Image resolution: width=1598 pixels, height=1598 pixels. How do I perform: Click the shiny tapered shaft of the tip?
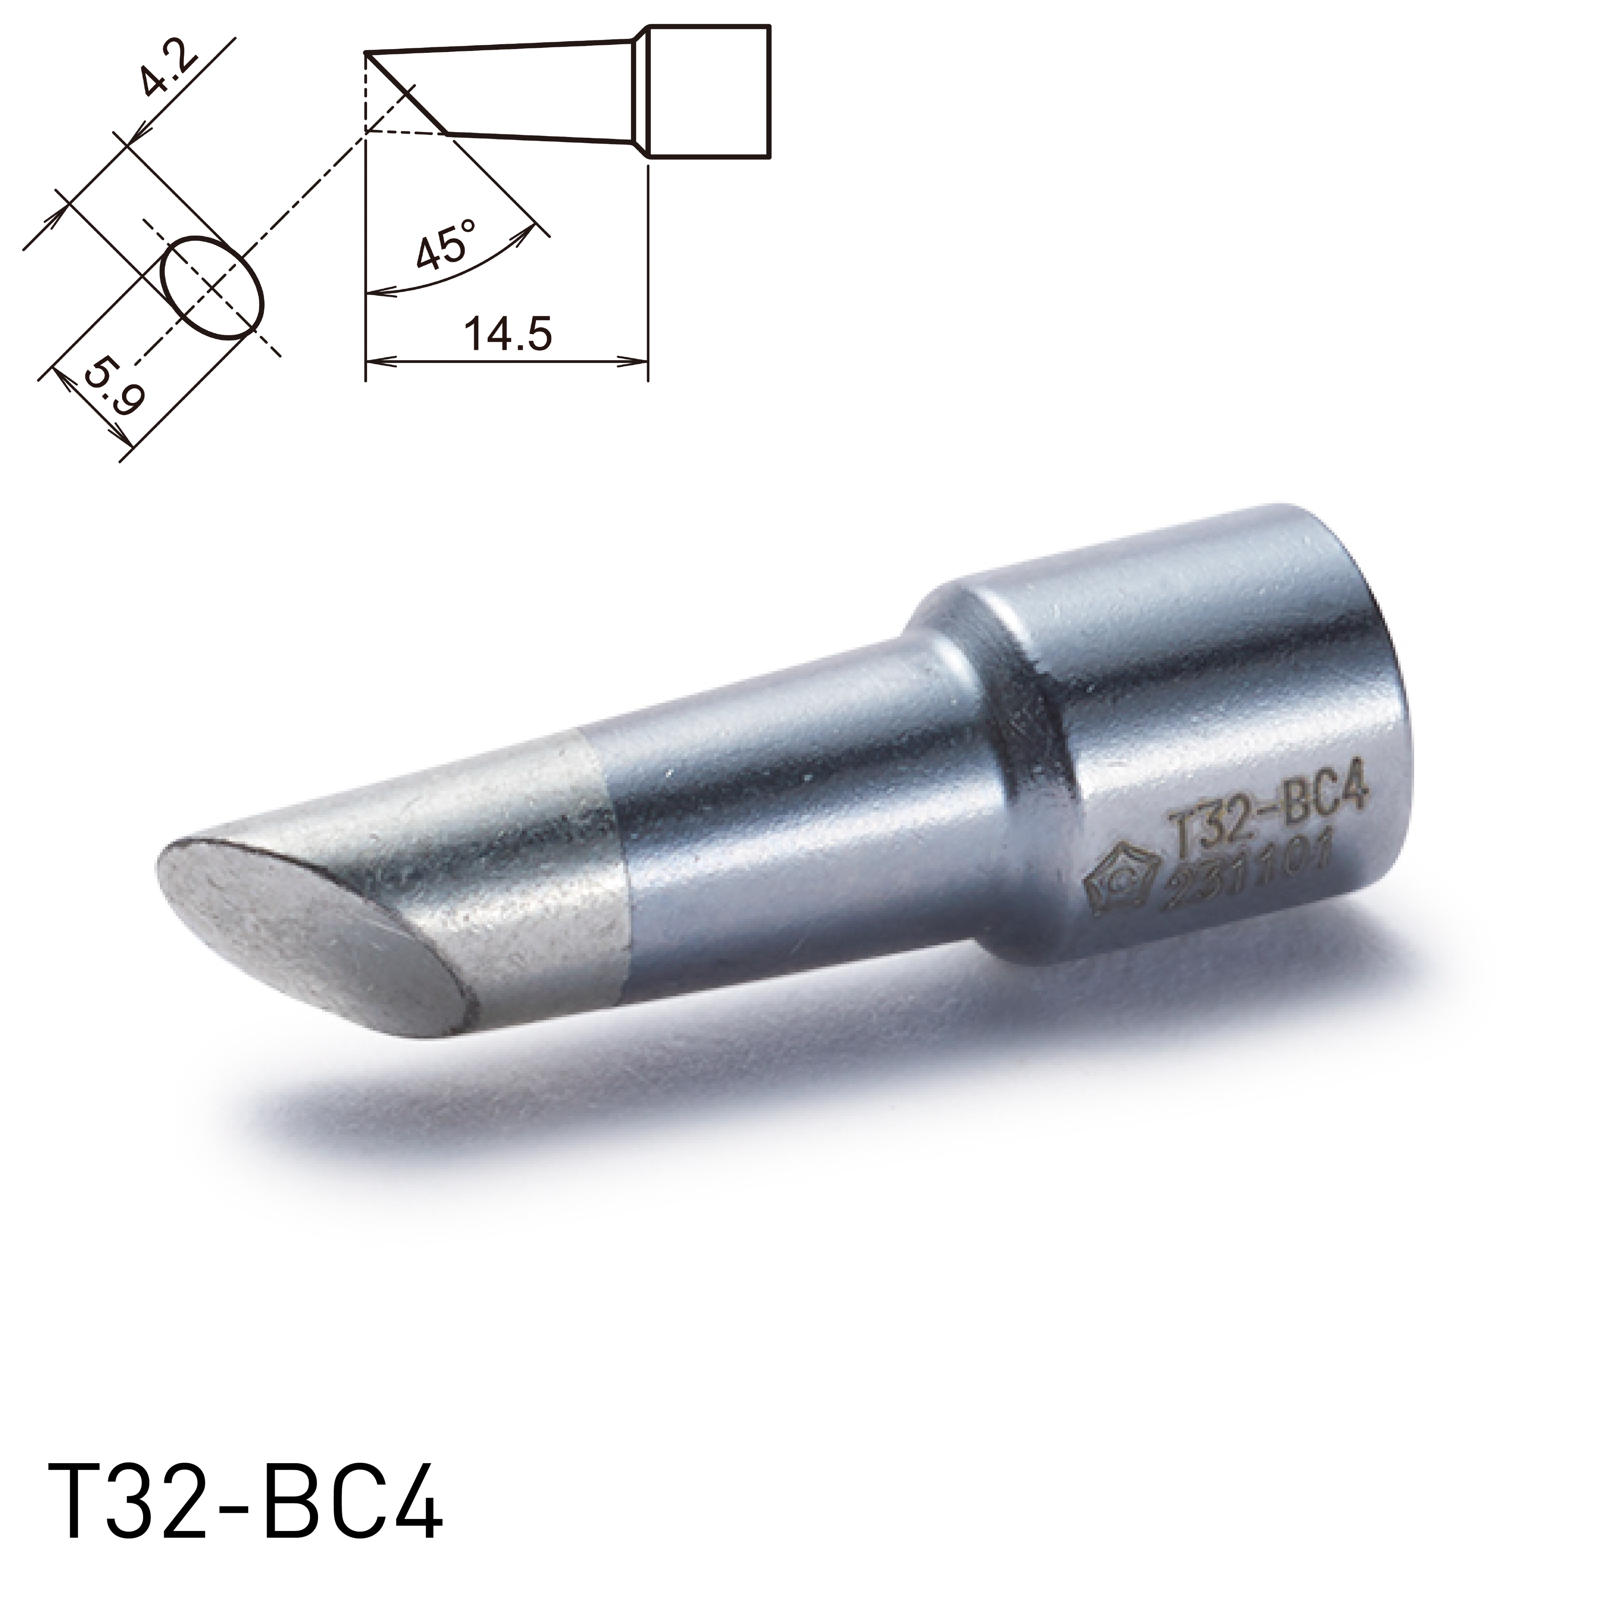(x=786, y=811)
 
